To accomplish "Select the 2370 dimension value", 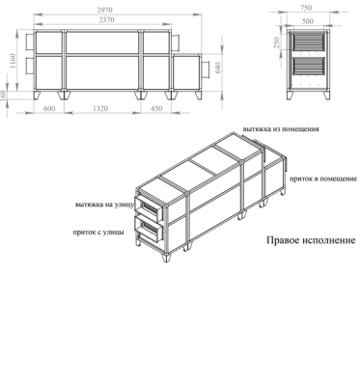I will coord(108,19).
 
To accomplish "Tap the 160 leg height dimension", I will coord(6,95).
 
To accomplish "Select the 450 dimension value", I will coord(156,109).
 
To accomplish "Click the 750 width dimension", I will coord(306,9).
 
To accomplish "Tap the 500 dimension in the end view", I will coord(306,19).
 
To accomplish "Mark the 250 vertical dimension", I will coord(277,43).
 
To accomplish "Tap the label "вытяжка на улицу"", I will coord(103,205).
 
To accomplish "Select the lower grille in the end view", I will coord(307,74).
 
